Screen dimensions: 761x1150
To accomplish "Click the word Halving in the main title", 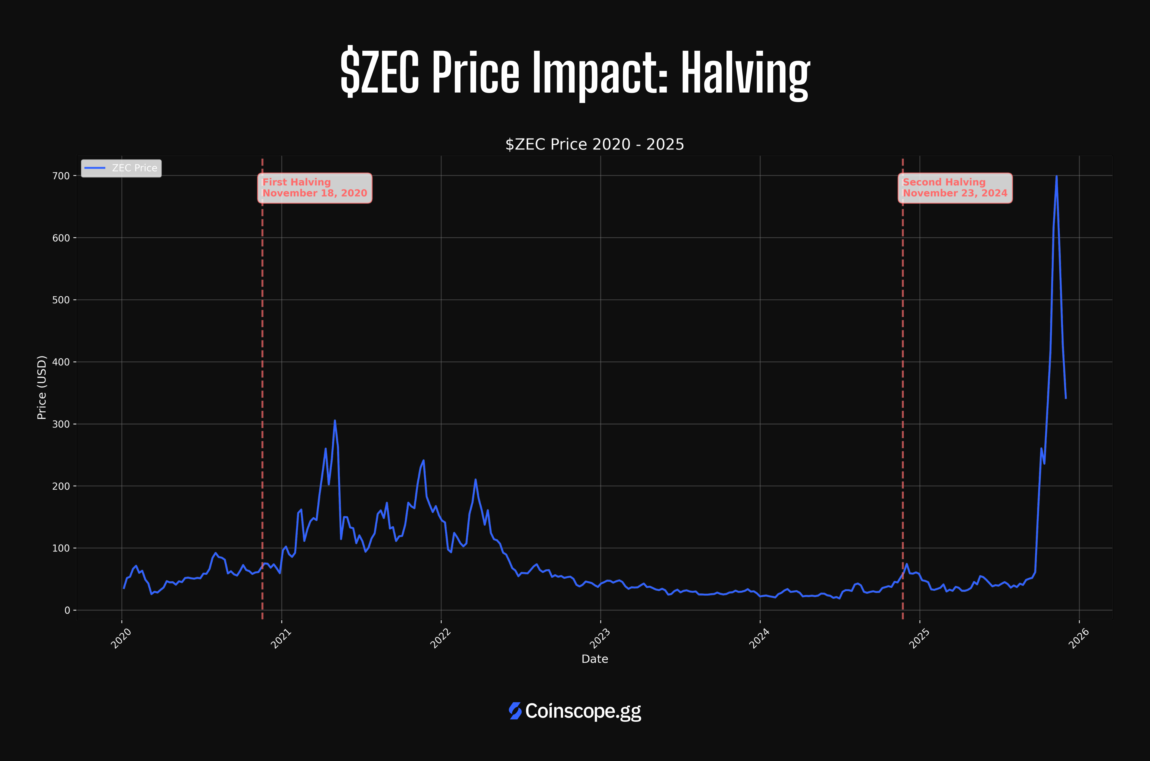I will click(745, 73).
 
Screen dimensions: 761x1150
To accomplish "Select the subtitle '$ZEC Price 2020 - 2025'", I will click(595, 144).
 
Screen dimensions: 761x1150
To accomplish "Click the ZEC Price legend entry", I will click(121, 168).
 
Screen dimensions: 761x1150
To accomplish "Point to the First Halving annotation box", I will click(314, 188).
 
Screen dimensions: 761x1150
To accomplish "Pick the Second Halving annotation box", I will click(955, 188).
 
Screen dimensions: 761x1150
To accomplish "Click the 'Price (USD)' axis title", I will click(42, 387).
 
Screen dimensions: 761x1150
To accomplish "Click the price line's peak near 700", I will click(1056, 177).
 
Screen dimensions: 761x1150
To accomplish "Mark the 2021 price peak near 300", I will click(335, 421).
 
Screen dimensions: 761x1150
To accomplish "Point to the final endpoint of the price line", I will click(1066, 398).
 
